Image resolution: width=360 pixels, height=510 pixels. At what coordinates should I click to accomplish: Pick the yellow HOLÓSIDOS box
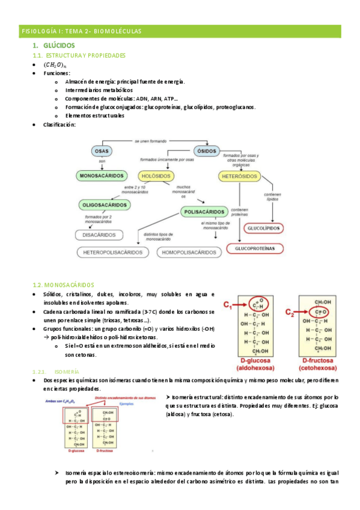coord(156,176)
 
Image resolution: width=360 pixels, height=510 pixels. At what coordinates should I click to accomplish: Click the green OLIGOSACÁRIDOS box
coord(105,204)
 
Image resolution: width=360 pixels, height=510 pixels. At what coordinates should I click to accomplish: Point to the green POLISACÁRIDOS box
coord(203,212)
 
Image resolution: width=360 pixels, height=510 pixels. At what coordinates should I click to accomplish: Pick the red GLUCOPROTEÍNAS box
coord(258,247)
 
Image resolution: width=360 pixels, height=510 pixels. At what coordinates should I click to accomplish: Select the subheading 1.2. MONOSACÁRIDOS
coord(62,284)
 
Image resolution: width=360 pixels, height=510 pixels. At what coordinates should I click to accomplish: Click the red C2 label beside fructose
coord(290,313)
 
